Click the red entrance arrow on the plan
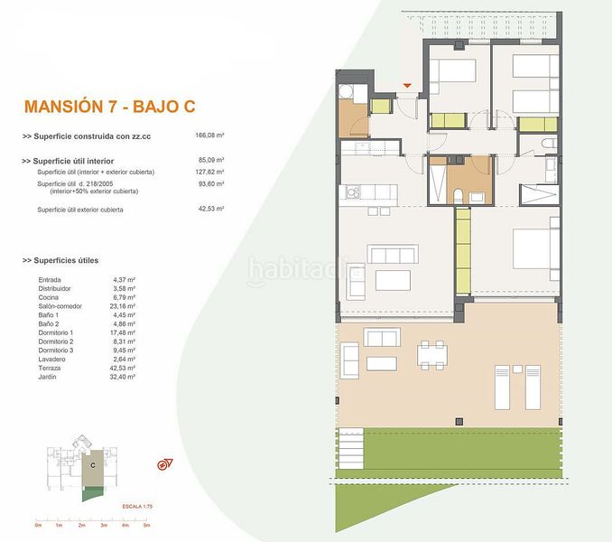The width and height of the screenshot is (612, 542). (408, 86)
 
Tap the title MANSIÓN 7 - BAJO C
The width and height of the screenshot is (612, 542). (109, 107)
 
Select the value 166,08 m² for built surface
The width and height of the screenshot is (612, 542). (209, 135)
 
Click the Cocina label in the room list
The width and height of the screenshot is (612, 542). (50, 296)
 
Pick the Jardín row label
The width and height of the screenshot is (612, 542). (49, 376)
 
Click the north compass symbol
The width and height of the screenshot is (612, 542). (165, 464)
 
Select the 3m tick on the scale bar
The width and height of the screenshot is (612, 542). (103, 524)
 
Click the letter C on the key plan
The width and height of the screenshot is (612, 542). (92, 463)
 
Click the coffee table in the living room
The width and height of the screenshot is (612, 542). (392, 278)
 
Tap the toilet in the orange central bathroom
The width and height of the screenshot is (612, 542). (458, 196)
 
